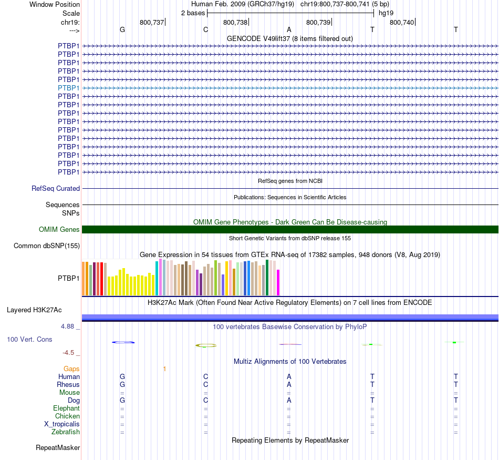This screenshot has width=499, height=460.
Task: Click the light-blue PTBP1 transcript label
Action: point(69,88)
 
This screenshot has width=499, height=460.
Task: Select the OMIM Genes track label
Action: point(59,229)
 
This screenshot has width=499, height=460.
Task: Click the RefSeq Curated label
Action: point(56,188)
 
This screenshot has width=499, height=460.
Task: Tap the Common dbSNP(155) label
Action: point(47,246)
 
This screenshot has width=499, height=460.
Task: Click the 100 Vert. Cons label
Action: point(29,339)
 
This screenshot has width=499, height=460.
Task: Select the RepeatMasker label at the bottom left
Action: point(58,448)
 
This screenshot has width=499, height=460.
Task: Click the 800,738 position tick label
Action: point(235,23)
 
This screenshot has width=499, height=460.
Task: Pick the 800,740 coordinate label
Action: point(402,23)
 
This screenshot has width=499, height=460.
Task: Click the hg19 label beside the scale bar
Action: point(386,13)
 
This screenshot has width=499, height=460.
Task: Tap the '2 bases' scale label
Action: point(193,13)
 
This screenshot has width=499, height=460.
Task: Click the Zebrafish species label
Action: point(66,432)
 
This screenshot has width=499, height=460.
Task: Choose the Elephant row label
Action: point(66,408)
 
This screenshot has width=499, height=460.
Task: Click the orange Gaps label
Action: point(71,369)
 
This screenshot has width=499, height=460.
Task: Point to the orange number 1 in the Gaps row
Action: point(164,369)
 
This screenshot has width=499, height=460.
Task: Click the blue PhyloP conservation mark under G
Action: point(123,342)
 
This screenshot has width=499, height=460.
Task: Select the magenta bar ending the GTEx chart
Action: point(278,282)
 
